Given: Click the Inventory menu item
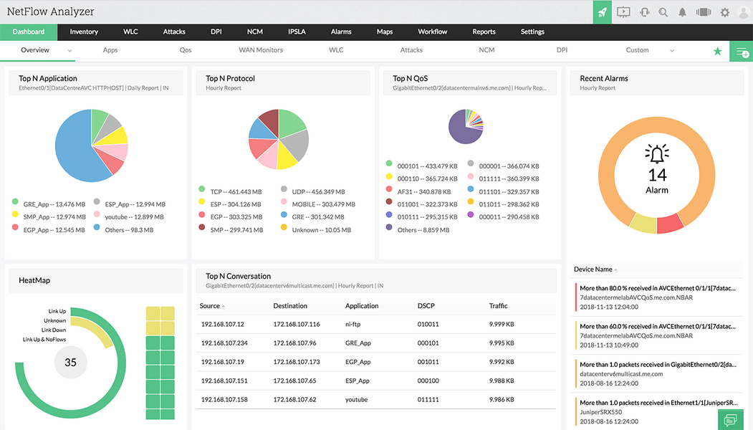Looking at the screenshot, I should point(84,32).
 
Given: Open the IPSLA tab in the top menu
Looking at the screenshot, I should point(297,32).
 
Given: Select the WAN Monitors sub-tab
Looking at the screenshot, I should point(261,50).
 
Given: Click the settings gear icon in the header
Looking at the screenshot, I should point(724,12).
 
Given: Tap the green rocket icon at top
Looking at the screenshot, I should point(602,12).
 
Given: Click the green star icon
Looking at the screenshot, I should point(717,51).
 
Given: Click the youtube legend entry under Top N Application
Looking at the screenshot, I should point(129,216).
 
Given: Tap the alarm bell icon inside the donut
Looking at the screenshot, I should point(656,153).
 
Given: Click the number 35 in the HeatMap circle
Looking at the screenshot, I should point(70,363).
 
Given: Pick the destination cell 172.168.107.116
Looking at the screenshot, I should point(296,324).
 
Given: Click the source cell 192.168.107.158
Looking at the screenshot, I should point(224,399).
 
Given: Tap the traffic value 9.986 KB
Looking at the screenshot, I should point(502,399).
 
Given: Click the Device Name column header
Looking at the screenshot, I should point(593,269).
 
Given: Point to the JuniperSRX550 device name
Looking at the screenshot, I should point(600,412).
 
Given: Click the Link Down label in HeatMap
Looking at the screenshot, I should point(54,330).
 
